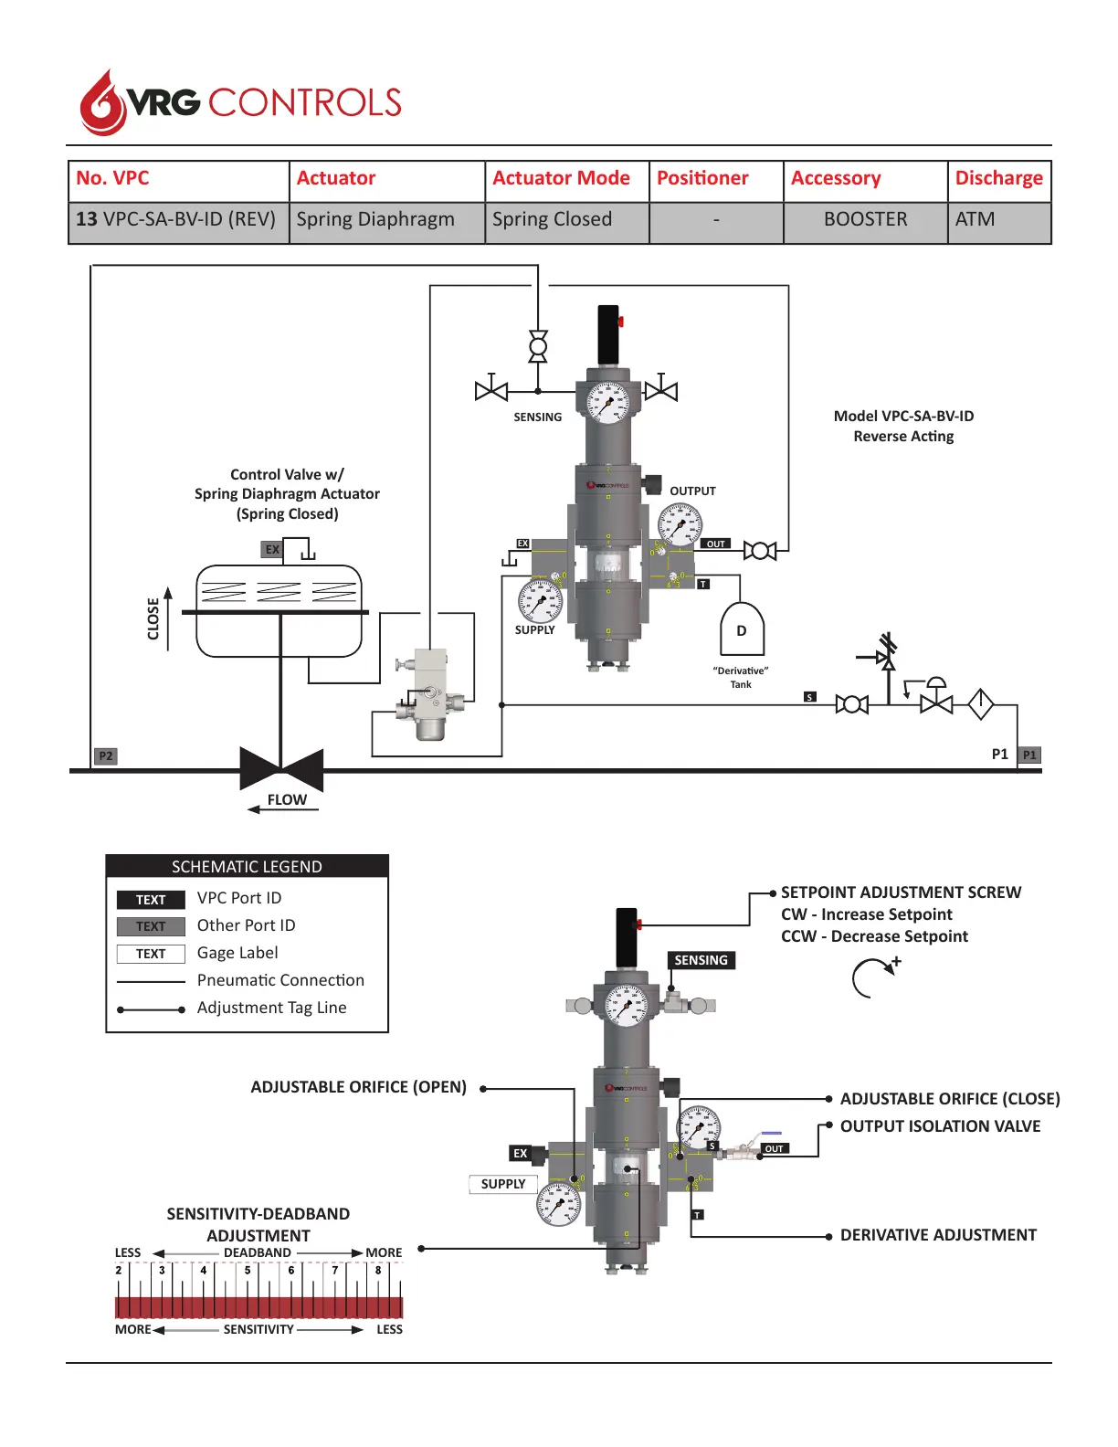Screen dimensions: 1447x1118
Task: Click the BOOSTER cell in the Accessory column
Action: (x=865, y=220)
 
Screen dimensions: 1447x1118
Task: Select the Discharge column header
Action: (x=998, y=179)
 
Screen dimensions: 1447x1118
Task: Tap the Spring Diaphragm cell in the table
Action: (x=375, y=220)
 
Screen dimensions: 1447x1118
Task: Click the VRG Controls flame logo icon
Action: (x=102, y=103)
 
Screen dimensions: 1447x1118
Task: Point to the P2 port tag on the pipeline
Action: (x=106, y=756)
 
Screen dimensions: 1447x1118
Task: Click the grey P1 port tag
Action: (x=1029, y=755)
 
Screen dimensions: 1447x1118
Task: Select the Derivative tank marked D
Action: (x=742, y=629)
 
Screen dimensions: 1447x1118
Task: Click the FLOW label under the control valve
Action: (x=287, y=800)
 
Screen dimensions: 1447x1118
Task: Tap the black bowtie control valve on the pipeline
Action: (x=281, y=769)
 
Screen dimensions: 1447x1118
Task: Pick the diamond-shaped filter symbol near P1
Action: (x=980, y=703)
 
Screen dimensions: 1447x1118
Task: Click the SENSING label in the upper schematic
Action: (x=537, y=417)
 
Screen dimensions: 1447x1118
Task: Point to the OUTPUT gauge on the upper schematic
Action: (x=680, y=524)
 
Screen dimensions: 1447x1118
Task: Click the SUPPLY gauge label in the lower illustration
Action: (x=503, y=1184)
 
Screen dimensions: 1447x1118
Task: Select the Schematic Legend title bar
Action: (x=247, y=867)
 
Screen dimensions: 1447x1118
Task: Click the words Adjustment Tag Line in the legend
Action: (x=271, y=1008)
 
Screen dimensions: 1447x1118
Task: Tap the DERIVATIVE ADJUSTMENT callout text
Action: (x=938, y=1235)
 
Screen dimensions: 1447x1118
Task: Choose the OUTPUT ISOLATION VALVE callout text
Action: (x=940, y=1126)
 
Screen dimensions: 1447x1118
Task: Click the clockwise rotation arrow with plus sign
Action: (x=874, y=977)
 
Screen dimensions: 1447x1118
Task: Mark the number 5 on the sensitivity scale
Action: (x=247, y=1270)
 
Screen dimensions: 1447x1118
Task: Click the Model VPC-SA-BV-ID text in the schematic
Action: (x=903, y=417)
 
